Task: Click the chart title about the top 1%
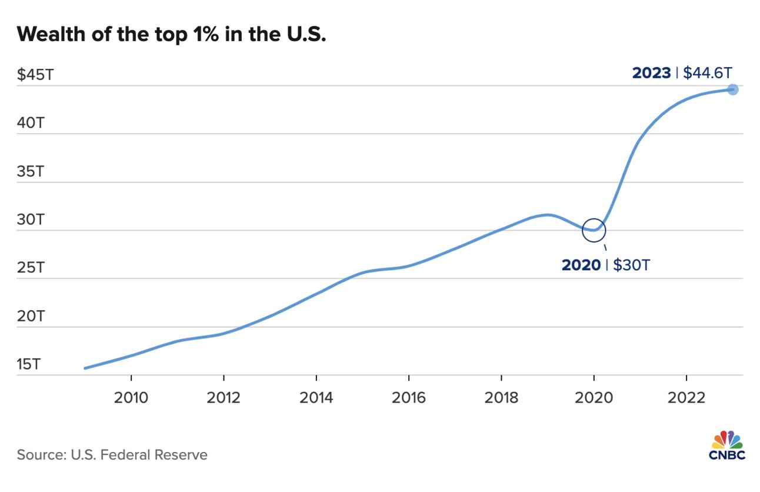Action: (171, 34)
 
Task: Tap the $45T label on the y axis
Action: (33, 75)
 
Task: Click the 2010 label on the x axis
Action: (131, 398)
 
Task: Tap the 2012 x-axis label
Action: (224, 398)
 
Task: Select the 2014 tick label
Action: (316, 398)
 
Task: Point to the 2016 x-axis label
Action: (409, 398)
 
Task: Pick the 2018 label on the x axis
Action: (501, 398)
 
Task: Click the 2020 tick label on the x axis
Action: (594, 398)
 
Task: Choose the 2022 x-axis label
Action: (686, 398)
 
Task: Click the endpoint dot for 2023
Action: (732, 89)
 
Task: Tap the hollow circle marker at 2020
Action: (594, 230)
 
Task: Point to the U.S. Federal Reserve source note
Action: (112, 455)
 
